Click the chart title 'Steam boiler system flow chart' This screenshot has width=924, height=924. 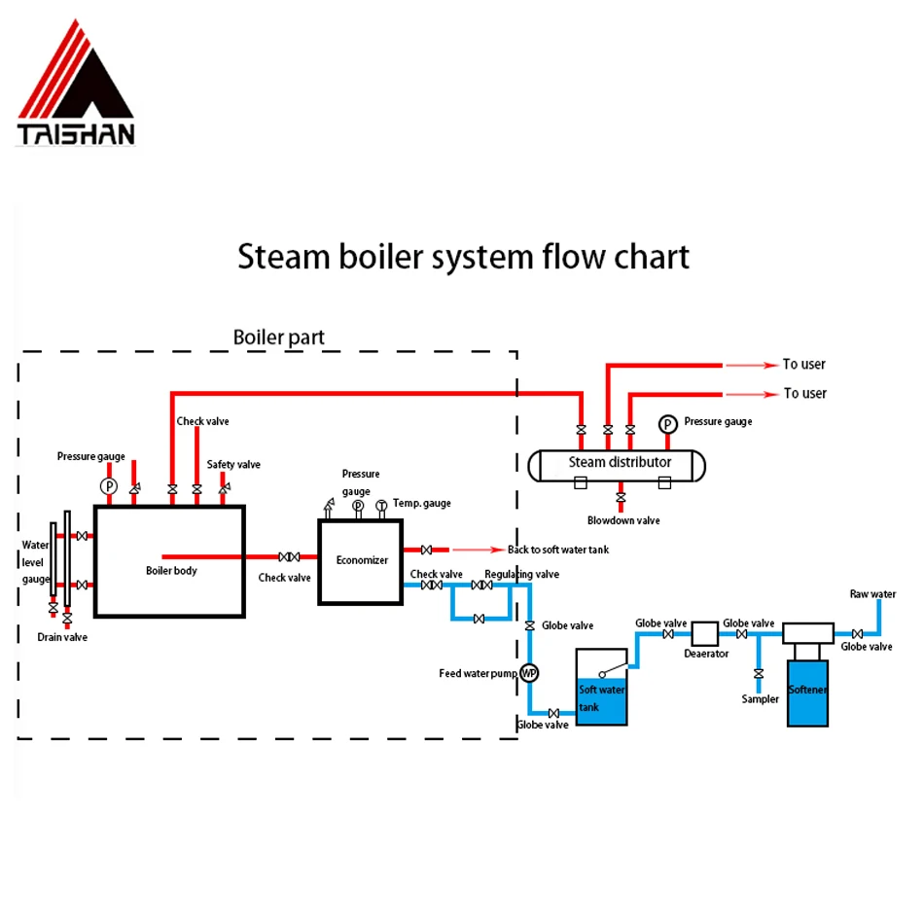tap(463, 257)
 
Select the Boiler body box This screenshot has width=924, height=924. tap(170, 560)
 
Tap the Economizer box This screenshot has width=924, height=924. tap(361, 561)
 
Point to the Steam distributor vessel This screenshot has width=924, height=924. tap(618, 464)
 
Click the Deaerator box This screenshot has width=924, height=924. tap(705, 633)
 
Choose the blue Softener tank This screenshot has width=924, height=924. tap(809, 692)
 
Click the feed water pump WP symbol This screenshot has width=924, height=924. tap(529, 672)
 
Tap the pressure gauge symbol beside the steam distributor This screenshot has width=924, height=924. tap(667, 424)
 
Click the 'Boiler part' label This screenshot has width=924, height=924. tap(278, 338)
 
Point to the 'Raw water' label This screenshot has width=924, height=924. tap(872, 593)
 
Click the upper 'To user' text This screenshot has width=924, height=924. tap(803, 364)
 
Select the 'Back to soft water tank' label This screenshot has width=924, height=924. tap(558, 550)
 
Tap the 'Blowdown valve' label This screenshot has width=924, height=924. tap(623, 520)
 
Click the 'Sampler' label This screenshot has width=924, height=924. tap(760, 698)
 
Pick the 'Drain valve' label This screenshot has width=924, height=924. tap(62, 637)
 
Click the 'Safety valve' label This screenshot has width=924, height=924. tap(233, 465)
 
